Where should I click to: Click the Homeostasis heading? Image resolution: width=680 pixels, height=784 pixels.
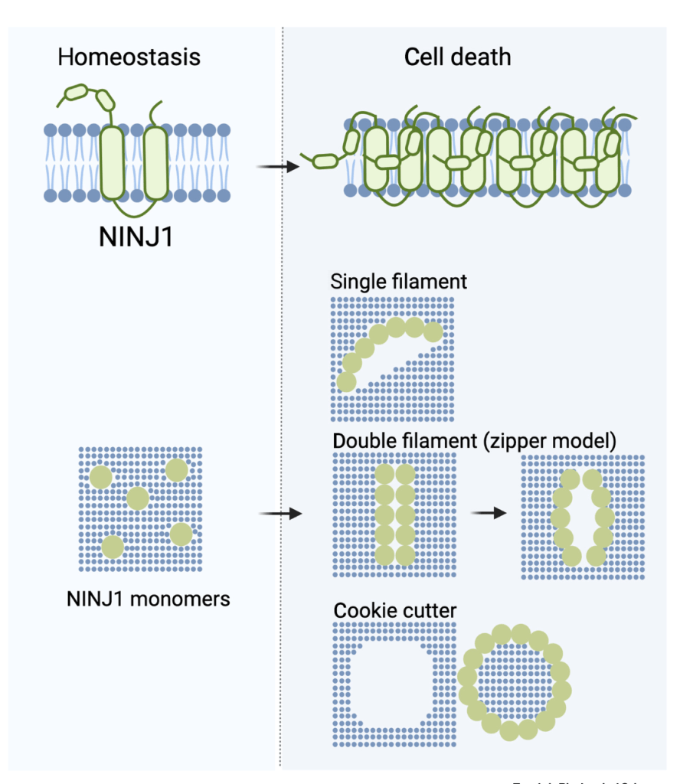pyautogui.click(x=129, y=57)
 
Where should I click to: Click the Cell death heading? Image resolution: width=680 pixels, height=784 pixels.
pyautogui.click(x=458, y=57)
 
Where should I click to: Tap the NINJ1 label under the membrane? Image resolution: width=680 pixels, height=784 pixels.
pyautogui.click(x=135, y=236)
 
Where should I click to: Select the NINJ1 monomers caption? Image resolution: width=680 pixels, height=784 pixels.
pyautogui.click(x=148, y=598)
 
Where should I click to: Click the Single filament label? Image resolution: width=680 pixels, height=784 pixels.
pyautogui.click(x=398, y=281)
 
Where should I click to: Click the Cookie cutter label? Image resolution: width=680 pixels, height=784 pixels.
pyautogui.click(x=395, y=611)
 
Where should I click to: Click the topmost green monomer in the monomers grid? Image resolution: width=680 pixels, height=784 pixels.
pyautogui.click(x=176, y=470)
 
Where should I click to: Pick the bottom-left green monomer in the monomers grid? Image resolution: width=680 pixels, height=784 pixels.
pyautogui.click(x=113, y=547)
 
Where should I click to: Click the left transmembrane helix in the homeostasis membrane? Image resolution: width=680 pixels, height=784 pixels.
pyautogui.click(x=114, y=165)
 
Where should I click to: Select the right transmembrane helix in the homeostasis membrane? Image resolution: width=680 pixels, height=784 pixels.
pyautogui.click(x=155, y=165)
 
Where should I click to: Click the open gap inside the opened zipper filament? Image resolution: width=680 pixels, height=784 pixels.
pyautogui.click(x=582, y=517)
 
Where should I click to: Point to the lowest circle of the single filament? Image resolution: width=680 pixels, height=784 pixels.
pyautogui.click(x=346, y=381)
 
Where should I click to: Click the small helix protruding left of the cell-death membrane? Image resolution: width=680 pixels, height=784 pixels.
pyautogui.click(x=326, y=161)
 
